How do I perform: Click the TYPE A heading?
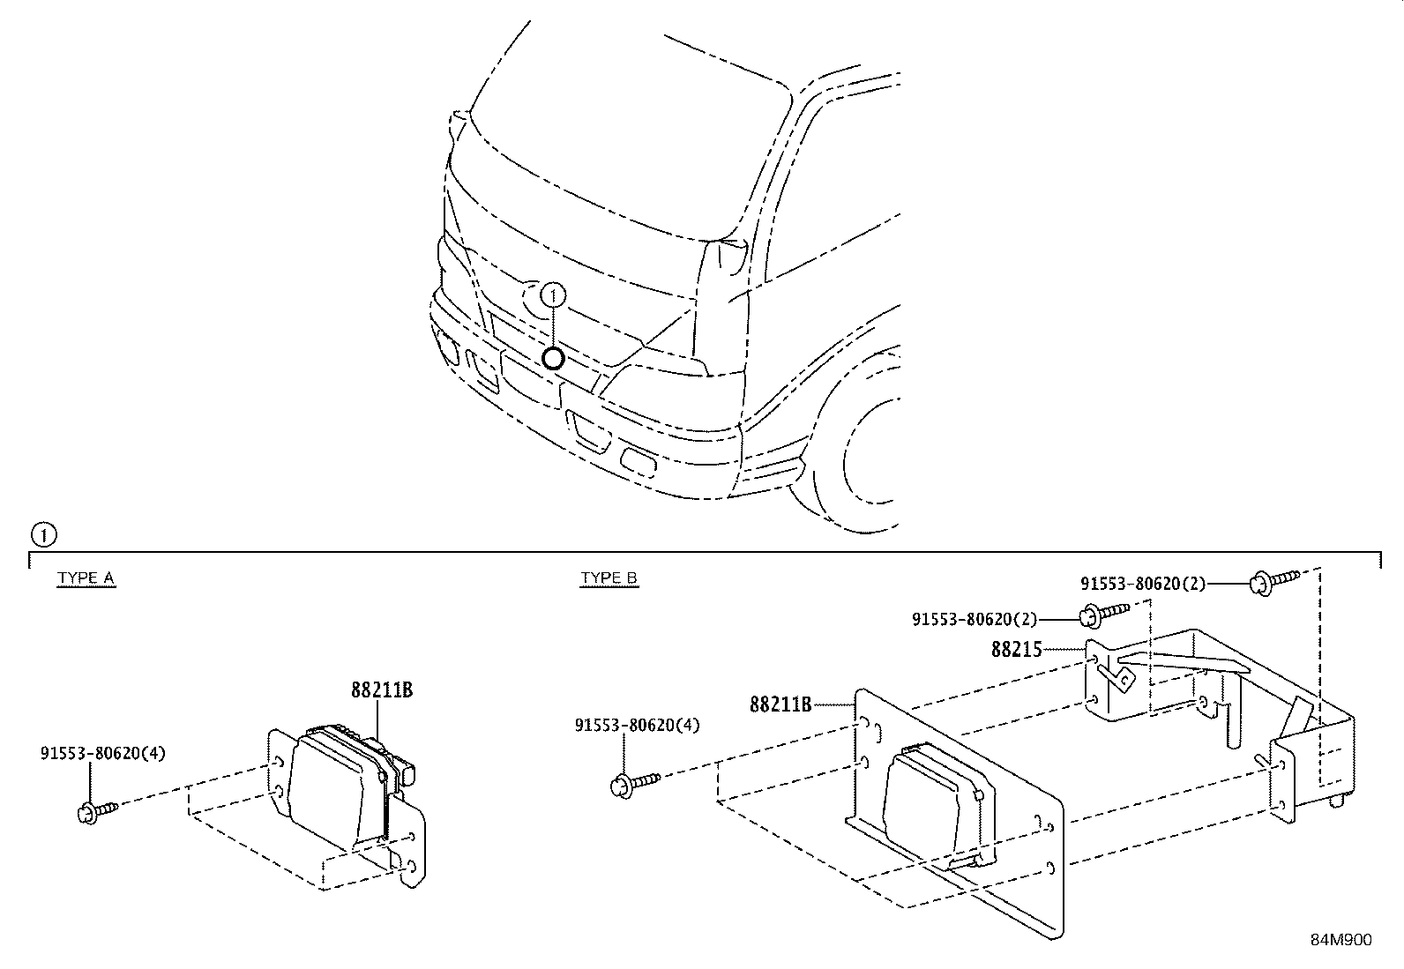coord(86,578)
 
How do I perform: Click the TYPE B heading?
coord(609,578)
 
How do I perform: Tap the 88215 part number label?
coord(1016,650)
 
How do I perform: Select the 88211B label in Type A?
coord(381,690)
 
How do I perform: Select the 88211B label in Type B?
coord(780,704)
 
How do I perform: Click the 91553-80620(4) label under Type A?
coord(102,754)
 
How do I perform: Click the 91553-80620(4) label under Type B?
coord(637,726)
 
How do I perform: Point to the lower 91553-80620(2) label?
coord(974,620)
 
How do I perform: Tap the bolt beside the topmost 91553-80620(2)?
coord(1273,580)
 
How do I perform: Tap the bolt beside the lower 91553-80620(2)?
coord(1102,612)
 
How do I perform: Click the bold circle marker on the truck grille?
coord(553,358)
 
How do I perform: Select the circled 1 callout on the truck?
coord(553,294)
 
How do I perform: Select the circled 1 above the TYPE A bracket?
coord(41,534)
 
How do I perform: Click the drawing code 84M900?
coord(1341,940)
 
